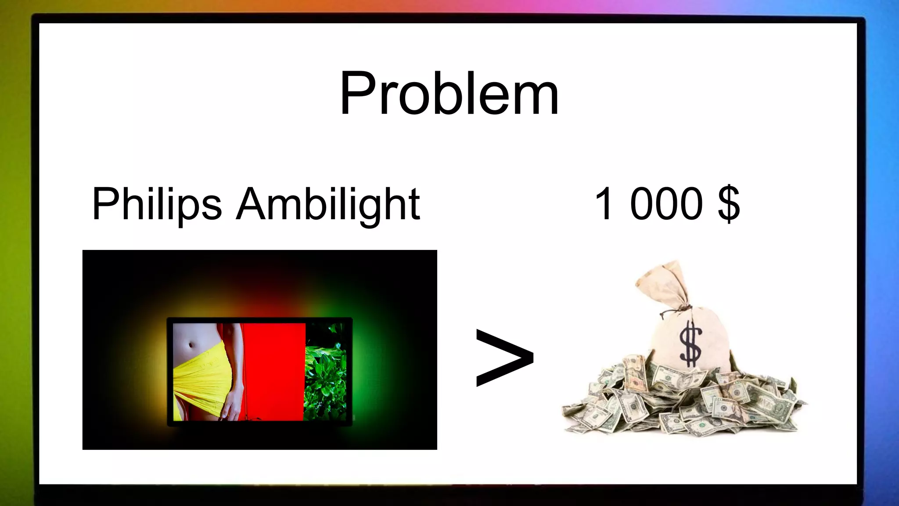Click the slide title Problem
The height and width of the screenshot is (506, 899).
449,93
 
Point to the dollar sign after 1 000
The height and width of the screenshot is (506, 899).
729,203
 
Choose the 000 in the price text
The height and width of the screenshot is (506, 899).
666,203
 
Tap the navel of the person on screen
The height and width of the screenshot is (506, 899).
191,345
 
